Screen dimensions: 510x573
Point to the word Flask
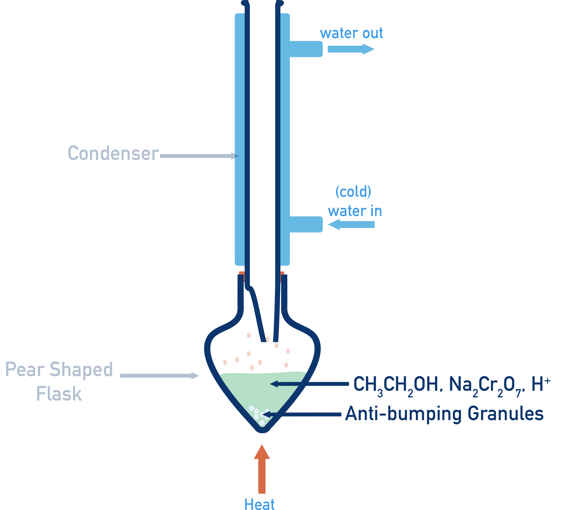tap(59, 394)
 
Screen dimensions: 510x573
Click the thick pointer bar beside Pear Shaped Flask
tap(186, 376)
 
